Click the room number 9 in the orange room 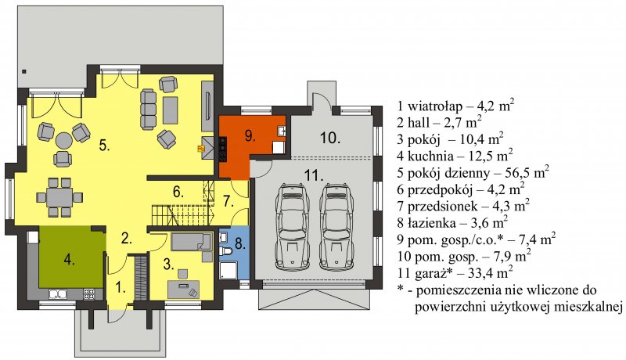point(250,136)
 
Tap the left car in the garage point(293,226)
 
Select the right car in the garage point(336,226)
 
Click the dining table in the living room point(59,197)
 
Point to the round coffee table point(63,141)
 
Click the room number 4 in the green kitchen point(69,260)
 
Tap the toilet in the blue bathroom point(225,252)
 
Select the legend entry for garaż point(455,272)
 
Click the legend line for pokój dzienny point(473,173)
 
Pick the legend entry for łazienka point(453,222)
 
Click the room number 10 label point(330,138)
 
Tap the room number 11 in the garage point(314,175)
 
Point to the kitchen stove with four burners point(89,294)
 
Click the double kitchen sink point(58,294)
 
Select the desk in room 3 point(183,290)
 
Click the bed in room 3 point(191,242)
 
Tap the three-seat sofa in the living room point(148,109)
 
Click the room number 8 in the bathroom point(240,243)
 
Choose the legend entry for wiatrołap point(456,106)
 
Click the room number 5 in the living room point(104,146)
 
